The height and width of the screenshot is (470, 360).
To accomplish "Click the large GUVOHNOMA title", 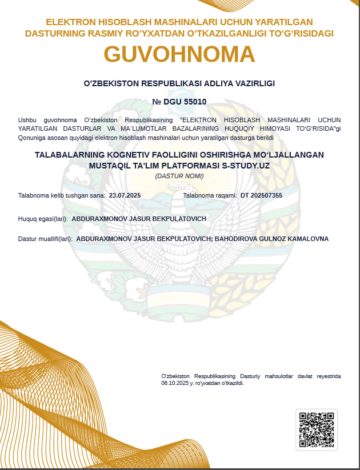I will (179, 54).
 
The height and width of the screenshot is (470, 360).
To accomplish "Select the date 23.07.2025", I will (125, 195).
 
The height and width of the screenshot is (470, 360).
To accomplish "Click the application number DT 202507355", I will (261, 195).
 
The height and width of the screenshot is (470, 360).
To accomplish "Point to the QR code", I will (317, 429).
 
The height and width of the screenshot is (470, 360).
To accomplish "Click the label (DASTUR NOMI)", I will (179, 176).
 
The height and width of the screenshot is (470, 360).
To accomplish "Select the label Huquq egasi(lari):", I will (43, 219).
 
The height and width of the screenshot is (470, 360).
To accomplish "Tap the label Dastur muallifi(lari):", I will (45, 239).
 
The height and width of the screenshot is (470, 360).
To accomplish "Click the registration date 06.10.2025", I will (175, 383).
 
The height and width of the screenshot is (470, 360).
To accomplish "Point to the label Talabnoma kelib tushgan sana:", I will (62, 195).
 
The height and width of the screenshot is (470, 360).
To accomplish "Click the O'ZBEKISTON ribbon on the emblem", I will (178, 299).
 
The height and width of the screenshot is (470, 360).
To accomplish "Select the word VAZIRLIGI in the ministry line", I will (255, 83).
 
